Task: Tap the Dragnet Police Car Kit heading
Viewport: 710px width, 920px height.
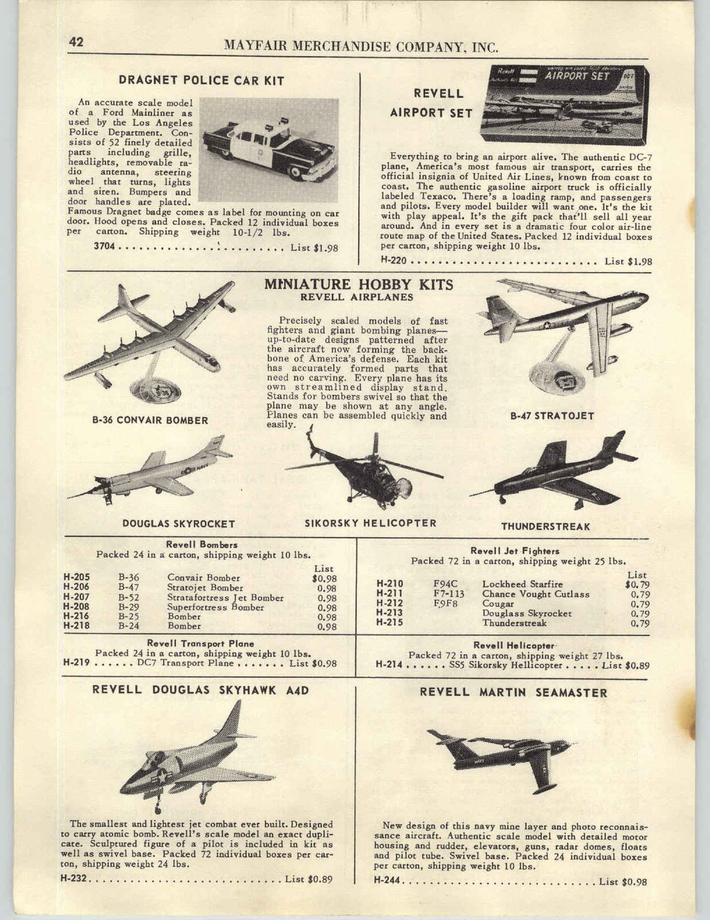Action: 201,80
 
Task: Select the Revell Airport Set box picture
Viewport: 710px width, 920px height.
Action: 566,105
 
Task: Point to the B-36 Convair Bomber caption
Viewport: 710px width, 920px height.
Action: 150,420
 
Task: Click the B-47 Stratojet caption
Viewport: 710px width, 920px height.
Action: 552,416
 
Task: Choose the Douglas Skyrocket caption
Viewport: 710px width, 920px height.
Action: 179,524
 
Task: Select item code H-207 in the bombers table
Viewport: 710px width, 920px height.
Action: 76,597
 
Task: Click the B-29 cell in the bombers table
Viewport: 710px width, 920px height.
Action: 129,607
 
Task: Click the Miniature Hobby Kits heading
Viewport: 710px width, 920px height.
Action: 358,285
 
